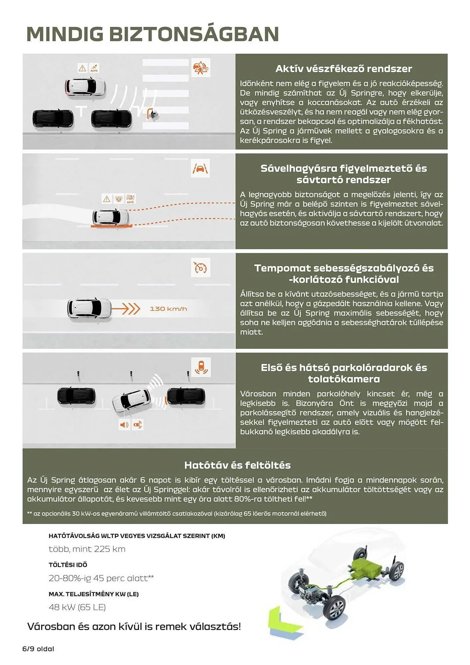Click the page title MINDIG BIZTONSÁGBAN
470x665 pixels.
152,34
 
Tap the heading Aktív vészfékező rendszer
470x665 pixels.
343,69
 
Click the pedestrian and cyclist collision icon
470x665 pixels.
200,68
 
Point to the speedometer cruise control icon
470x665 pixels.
200,268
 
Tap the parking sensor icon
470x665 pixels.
201,367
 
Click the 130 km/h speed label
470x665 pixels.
168,309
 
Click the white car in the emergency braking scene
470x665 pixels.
85,87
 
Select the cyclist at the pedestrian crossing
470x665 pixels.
153,114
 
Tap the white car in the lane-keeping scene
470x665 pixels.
111,217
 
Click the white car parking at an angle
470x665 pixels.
131,400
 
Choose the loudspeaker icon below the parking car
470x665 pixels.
124,425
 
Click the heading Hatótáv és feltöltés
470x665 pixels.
237,465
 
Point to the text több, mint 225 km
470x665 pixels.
87,549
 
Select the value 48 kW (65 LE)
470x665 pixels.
77,607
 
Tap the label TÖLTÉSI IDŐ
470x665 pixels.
68,565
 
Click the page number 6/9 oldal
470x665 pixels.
38,649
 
